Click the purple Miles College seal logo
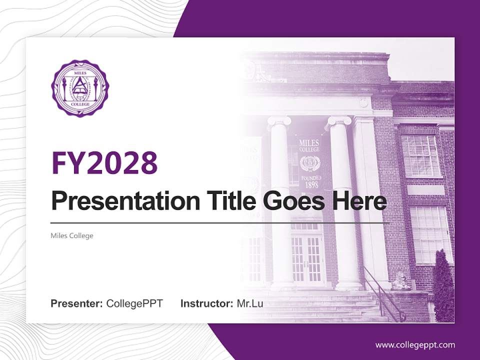pos(79,88)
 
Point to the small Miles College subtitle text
pos(72,235)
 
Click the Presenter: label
pos(76,303)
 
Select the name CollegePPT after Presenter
pos(134,303)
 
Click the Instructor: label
pos(206,303)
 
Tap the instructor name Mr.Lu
pos(249,303)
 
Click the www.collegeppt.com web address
pos(415,344)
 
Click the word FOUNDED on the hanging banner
pos(310,177)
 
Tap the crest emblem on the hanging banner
pos(310,163)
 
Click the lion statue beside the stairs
pos(400,281)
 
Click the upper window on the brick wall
pos(421,155)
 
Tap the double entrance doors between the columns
pos(306,257)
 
